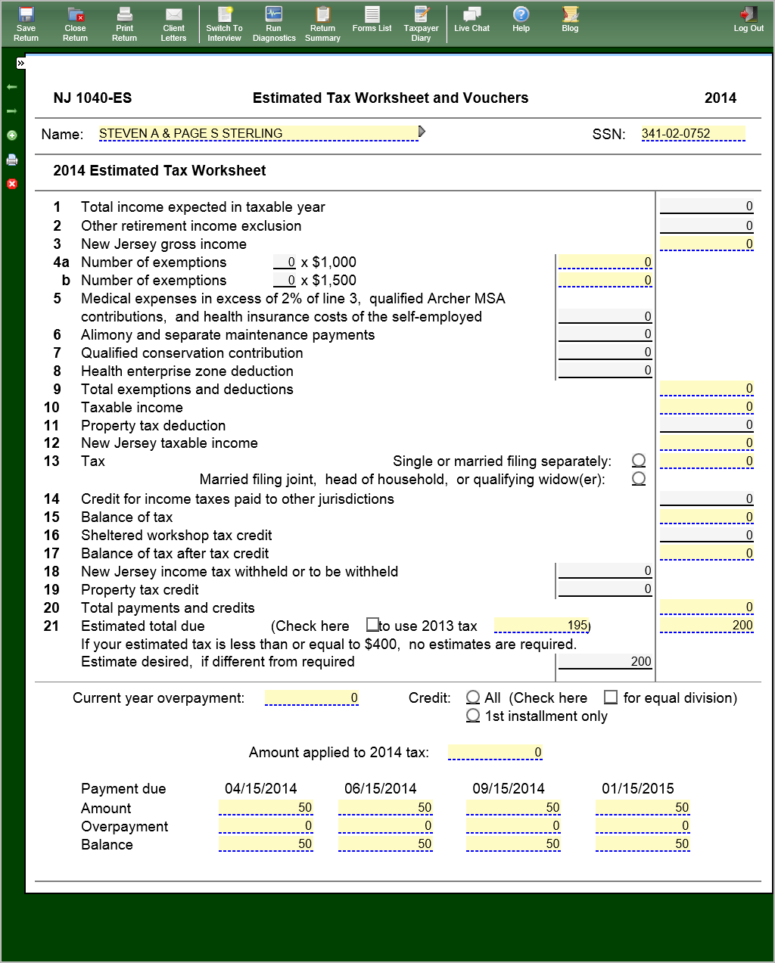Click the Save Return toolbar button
[x=26, y=23]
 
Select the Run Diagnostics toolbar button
[x=274, y=23]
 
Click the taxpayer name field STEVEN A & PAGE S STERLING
[x=257, y=134]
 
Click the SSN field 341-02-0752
[x=693, y=134]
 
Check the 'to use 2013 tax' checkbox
[x=372, y=625]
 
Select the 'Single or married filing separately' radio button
[x=639, y=461]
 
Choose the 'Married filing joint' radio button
[x=639, y=479]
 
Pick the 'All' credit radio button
[x=473, y=697]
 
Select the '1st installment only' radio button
[x=473, y=716]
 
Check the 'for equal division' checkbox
[x=611, y=697]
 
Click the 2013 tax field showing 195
[x=541, y=626]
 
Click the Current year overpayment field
[x=311, y=698]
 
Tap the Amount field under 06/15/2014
[x=385, y=808]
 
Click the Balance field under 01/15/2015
[x=643, y=844]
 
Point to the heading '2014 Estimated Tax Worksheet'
[x=159, y=171]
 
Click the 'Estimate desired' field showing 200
[x=604, y=662]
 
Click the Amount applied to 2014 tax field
[x=495, y=753]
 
